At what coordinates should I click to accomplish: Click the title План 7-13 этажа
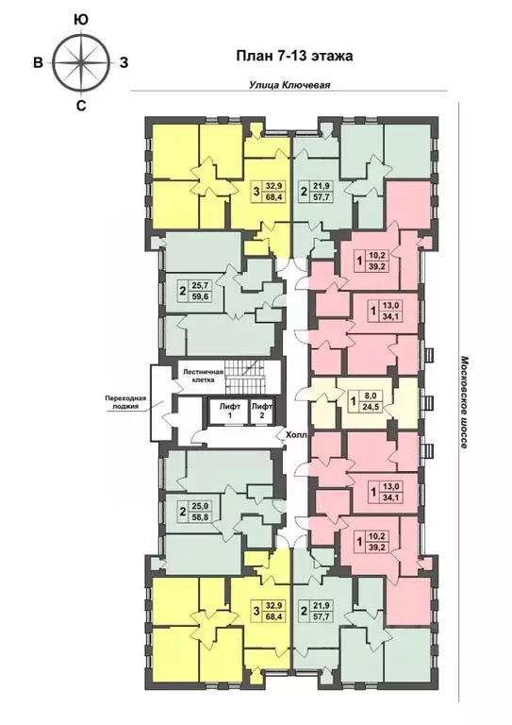(x=294, y=56)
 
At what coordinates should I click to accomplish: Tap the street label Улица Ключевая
(x=289, y=85)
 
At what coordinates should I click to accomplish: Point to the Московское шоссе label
(x=464, y=402)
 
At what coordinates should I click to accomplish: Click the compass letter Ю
(x=81, y=20)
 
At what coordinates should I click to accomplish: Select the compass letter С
(x=81, y=106)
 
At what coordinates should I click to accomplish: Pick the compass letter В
(x=39, y=62)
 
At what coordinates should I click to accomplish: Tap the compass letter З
(x=124, y=62)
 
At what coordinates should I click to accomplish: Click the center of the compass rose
(x=81, y=62)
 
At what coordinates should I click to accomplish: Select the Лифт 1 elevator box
(x=229, y=411)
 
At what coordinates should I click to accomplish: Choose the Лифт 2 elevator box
(x=262, y=411)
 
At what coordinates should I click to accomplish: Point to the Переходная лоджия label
(x=125, y=403)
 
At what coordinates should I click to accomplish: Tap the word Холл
(x=296, y=434)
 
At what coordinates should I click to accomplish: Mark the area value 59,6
(x=200, y=297)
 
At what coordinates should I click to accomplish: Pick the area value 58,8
(x=200, y=518)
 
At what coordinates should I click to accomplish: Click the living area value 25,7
(x=200, y=286)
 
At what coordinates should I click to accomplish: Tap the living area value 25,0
(x=200, y=506)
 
